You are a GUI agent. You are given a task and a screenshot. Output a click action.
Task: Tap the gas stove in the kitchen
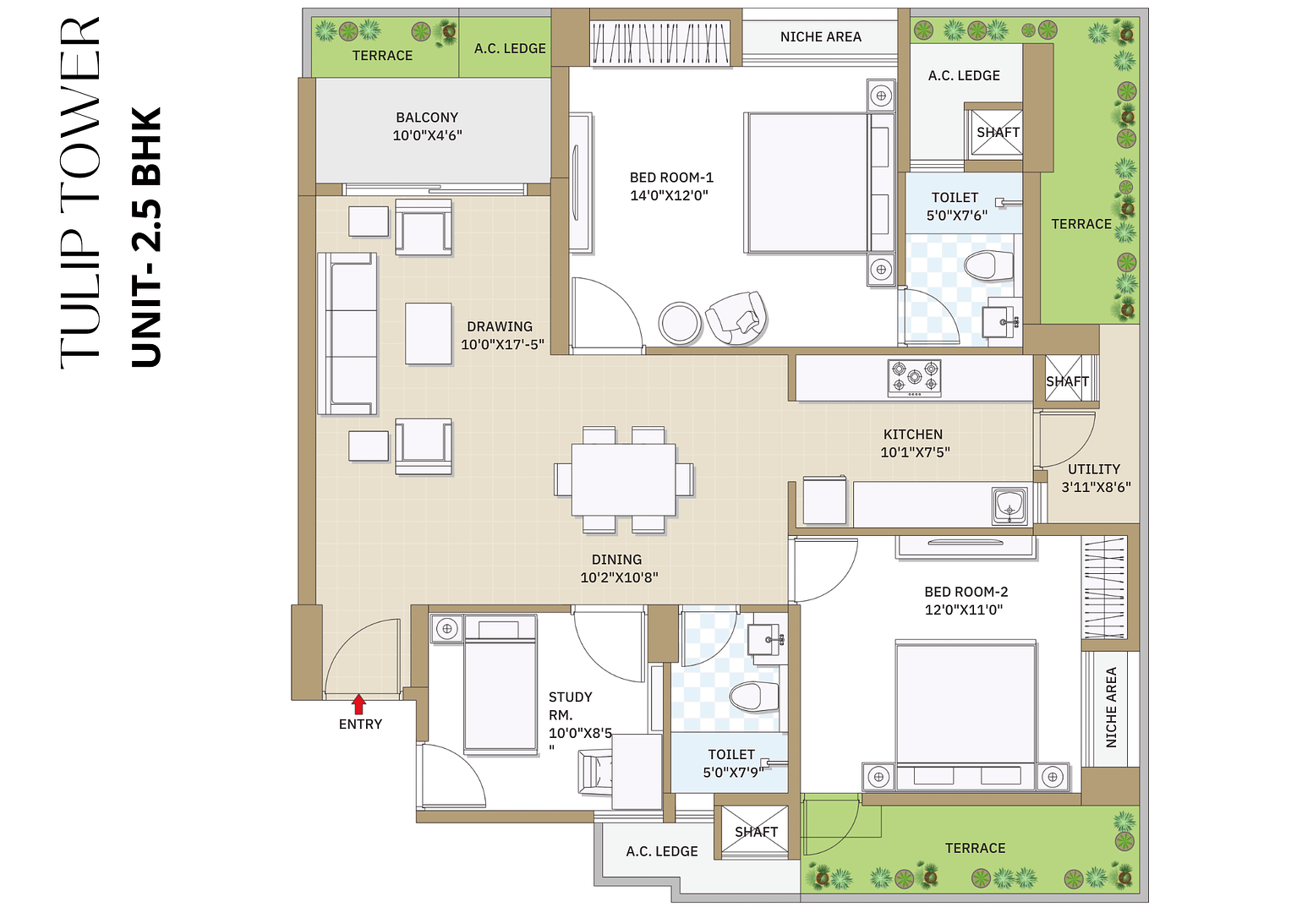pyautogui.click(x=914, y=378)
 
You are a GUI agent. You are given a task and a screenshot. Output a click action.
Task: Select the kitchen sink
pyautogui.click(x=1009, y=506)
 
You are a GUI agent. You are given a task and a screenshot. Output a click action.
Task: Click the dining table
pyautogui.click(x=623, y=479)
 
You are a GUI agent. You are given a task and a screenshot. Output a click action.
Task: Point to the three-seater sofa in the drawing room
pyautogui.click(x=347, y=333)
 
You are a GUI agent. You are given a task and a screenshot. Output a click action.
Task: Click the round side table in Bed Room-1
pyautogui.click(x=680, y=322)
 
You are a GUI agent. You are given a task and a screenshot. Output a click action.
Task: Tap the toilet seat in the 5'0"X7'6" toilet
pyautogui.click(x=988, y=265)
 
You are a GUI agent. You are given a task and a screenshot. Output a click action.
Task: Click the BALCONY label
pyautogui.click(x=427, y=118)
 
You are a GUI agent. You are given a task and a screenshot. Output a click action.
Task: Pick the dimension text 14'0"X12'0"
pyautogui.click(x=669, y=195)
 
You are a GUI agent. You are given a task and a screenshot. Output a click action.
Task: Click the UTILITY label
pyautogui.click(x=1094, y=469)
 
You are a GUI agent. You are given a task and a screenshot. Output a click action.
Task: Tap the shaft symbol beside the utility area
pyautogui.click(x=1067, y=381)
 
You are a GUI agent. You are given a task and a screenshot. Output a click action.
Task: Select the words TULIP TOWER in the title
pyautogui.click(x=81, y=193)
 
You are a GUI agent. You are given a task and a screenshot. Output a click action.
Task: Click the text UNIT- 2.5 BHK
pyautogui.click(x=146, y=238)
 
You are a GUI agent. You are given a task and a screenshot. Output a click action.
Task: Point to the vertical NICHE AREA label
pyautogui.click(x=1111, y=707)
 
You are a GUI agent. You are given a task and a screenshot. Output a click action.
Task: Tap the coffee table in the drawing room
pyautogui.click(x=428, y=333)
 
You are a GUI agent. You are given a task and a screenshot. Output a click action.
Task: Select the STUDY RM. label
pyautogui.click(x=570, y=705)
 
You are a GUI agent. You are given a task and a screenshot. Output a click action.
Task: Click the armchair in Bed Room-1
pyautogui.click(x=737, y=317)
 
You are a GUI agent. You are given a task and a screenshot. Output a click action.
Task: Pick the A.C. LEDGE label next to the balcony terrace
pyautogui.click(x=510, y=49)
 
